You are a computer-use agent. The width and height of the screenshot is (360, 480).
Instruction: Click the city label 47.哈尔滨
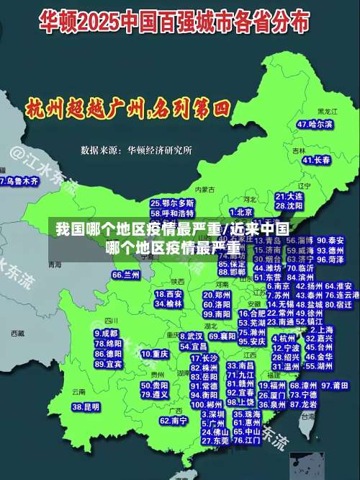click(315, 125)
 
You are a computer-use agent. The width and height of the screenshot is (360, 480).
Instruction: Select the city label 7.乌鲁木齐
click(19, 182)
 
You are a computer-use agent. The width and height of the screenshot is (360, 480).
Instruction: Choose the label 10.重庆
click(154, 354)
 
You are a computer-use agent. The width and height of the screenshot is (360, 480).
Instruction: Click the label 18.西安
click(168, 294)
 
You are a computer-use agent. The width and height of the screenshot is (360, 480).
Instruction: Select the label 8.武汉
click(190, 336)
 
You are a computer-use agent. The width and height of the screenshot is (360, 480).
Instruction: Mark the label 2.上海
click(318, 327)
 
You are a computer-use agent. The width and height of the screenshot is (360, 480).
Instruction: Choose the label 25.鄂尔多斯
click(172, 203)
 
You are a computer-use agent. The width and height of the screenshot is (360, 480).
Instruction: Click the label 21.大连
click(289, 195)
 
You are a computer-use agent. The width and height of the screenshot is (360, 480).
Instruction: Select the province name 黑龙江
click(327, 112)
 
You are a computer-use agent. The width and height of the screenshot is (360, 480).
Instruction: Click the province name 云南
click(78, 391)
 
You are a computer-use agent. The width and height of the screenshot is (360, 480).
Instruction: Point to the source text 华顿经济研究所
click(160, 151)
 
